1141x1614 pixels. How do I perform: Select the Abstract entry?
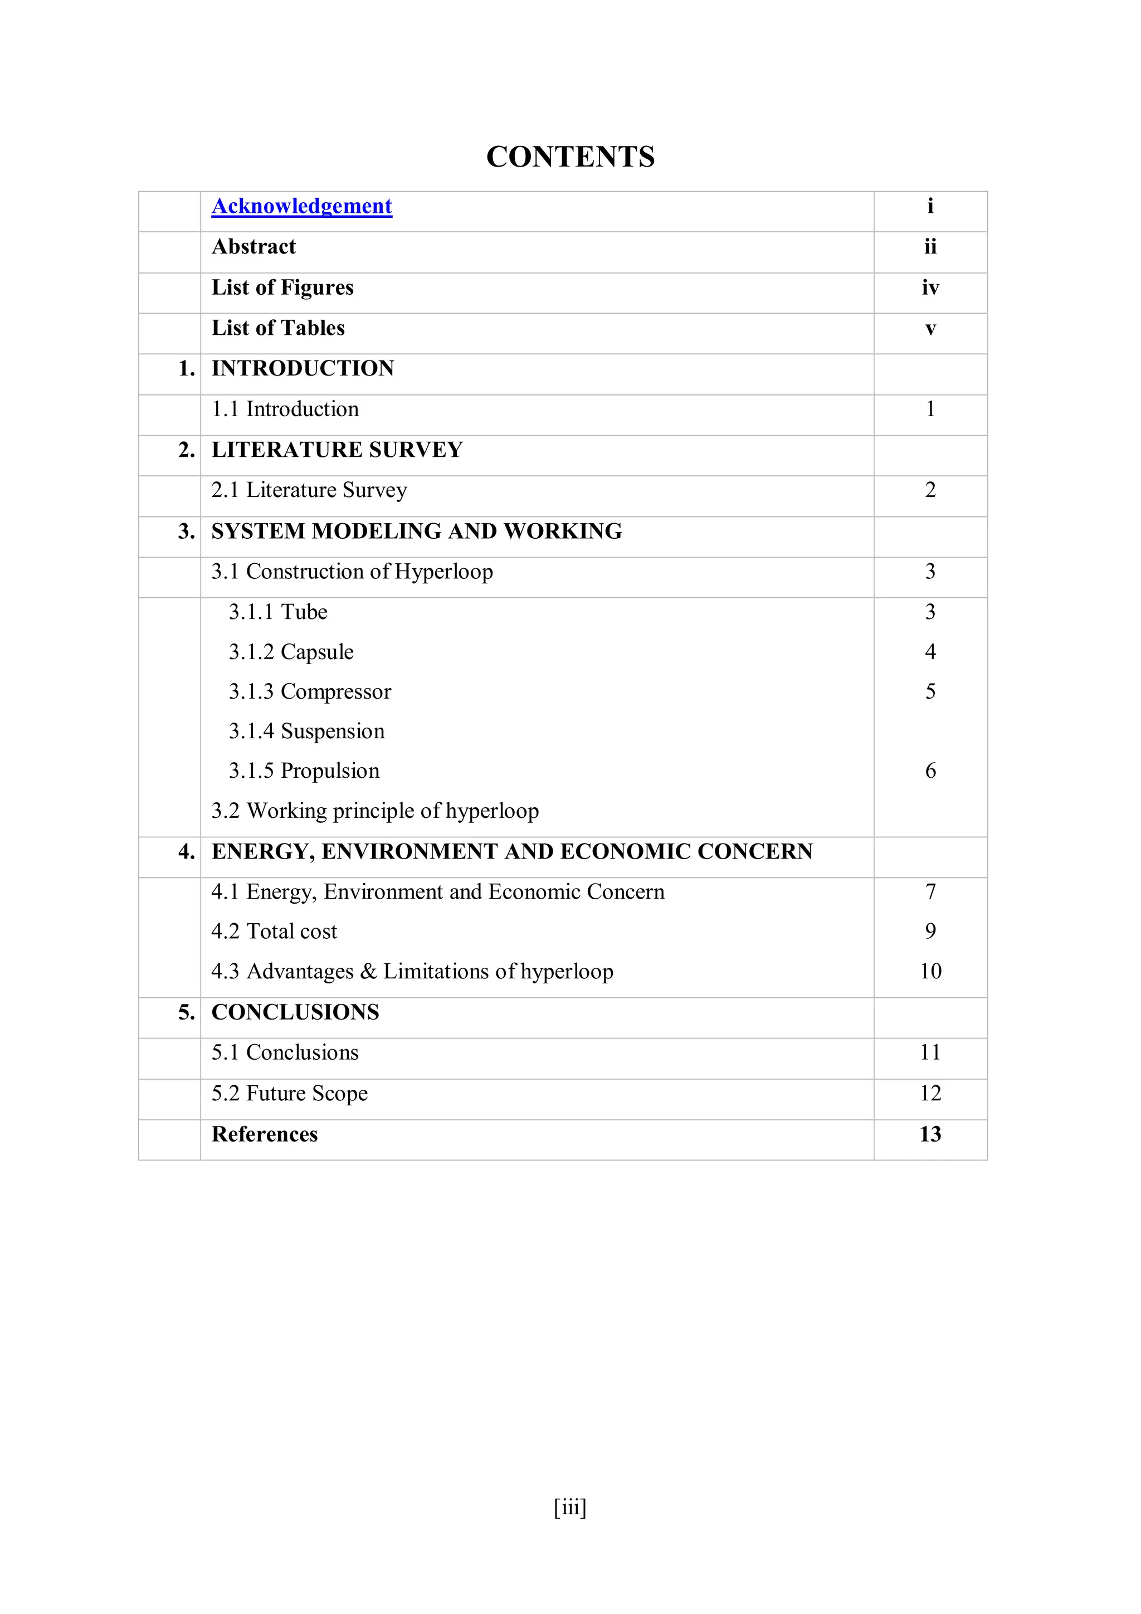pyautogui.click(x=254, y=247)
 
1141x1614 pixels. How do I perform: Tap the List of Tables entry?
pyautogui.click(x=279, y=328)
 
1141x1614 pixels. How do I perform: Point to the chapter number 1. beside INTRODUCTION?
pyautogui.click(x=186, y=368)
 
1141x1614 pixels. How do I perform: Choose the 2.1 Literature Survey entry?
pyautogui.click(x=309, y=490)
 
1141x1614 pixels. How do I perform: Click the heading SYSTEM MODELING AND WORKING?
pyautogui.click(x=417, y=531)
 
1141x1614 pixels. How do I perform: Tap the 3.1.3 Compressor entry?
pyautogui.click(x=309, y=692)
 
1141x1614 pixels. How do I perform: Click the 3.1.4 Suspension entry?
pyautogui.click(x=306, y=731)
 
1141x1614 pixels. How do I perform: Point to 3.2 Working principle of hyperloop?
pyautogui.click(x=376, y=811)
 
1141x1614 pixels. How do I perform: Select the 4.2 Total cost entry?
pyautogui.click(x=274, y=932)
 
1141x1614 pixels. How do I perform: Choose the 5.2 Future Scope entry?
pyautogui.click(x=290, y=1093)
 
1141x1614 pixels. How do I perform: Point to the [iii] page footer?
pyautogui.click(x=569, y=1508)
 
